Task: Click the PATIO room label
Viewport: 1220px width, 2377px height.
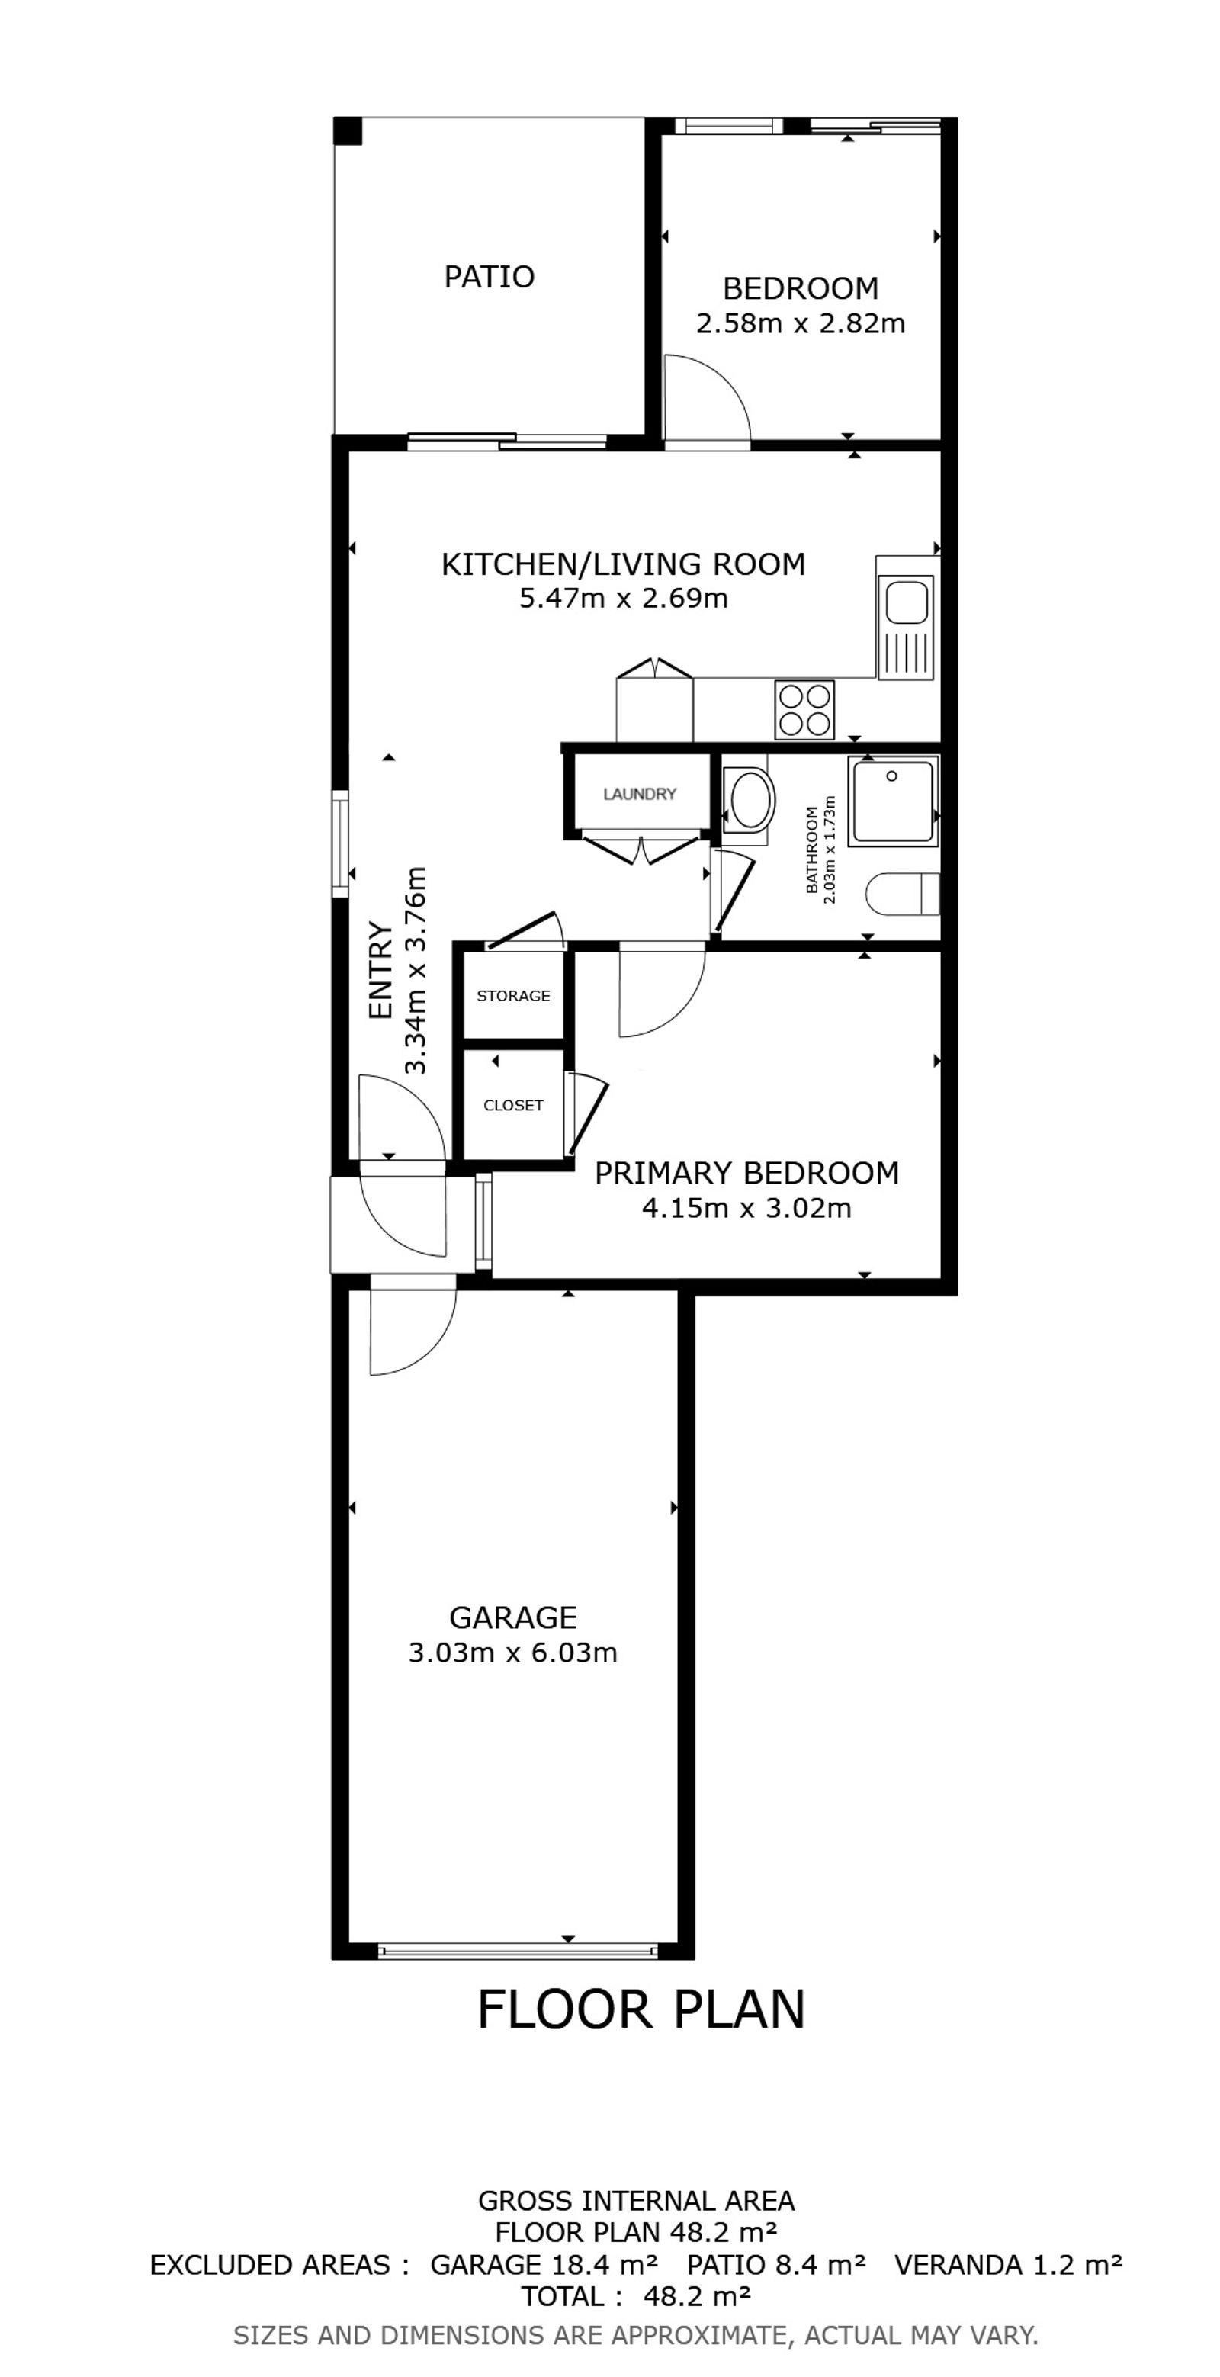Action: (489, 277)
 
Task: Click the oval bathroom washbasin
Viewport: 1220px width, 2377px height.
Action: (749, 801)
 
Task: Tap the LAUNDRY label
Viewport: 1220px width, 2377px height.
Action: (640, 794)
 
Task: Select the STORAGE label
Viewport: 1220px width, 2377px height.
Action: (513, 996)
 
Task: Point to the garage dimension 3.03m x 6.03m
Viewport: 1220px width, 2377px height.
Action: (513, 1652)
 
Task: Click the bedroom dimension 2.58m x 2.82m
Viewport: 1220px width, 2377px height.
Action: (800, 324)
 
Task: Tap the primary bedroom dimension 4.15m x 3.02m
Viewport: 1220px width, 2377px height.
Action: (746, 1208)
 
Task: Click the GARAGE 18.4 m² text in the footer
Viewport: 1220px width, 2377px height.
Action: (544, 2266)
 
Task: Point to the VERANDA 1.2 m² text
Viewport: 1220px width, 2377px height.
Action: (1009, 2266)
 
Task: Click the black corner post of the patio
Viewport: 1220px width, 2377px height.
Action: (348, 131)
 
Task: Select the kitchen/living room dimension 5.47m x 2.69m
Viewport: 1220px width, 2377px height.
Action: (624, 598)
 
